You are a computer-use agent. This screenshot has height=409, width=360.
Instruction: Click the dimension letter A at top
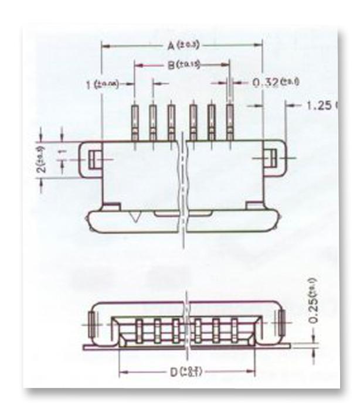(x=169, y=46)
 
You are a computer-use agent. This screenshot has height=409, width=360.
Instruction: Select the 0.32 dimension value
(x=264, y=82)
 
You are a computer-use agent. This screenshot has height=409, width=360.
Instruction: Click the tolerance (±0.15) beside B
(x=189, y=66)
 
